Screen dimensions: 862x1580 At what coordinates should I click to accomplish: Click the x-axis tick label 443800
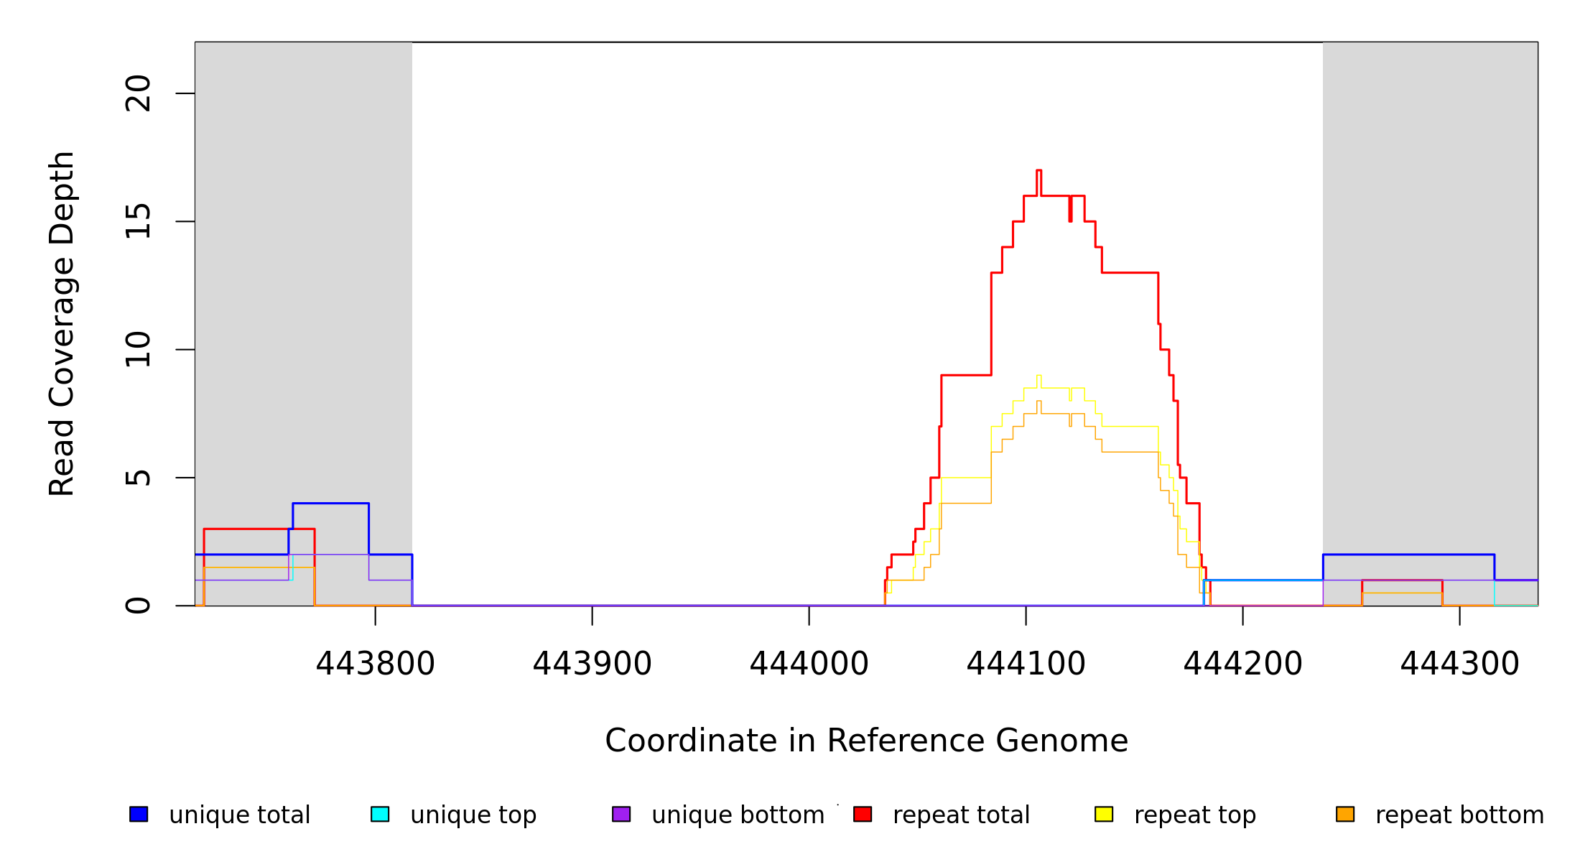coord(375,664)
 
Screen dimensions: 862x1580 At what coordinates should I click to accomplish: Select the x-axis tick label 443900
coord(592,664)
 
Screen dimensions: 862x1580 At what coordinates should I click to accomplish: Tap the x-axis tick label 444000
coord(809,664)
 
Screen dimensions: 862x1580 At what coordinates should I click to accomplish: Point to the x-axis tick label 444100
coord(1026,664)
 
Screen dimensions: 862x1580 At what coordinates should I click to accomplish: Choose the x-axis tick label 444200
coord(1242,664)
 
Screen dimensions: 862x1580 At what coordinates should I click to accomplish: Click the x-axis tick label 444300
coord(1459,664)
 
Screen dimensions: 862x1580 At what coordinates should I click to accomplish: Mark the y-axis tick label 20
coord(138,93)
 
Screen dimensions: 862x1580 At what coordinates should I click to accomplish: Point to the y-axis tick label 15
coord(138,221)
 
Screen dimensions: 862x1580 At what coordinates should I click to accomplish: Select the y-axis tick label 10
coord(138,350)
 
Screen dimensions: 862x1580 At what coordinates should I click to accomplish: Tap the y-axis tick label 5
coord(138,478)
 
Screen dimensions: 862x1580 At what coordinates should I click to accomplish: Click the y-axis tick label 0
coord(138,606)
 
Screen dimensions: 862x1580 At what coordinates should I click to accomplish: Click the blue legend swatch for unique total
coord(139,814)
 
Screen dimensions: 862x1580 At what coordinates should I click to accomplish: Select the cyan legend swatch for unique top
coord(380,814)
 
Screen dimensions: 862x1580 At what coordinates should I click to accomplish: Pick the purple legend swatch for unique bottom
coord(621,814)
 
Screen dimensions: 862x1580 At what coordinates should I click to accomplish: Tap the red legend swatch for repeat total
coord(863,814)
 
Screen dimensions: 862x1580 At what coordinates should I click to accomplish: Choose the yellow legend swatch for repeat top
coord(1104,814)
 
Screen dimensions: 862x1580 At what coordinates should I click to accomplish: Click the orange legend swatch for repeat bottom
coord(1345,814)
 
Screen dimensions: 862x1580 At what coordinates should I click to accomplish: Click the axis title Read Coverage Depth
coord(62,323)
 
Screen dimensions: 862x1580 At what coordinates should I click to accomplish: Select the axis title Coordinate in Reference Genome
coord(866,741)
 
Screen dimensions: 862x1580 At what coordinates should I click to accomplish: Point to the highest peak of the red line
coord(1038,170)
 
